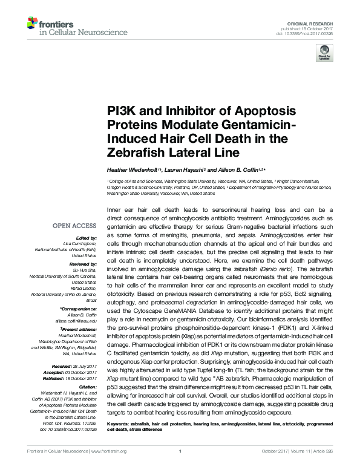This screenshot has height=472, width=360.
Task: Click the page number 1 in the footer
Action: (180, 467)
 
